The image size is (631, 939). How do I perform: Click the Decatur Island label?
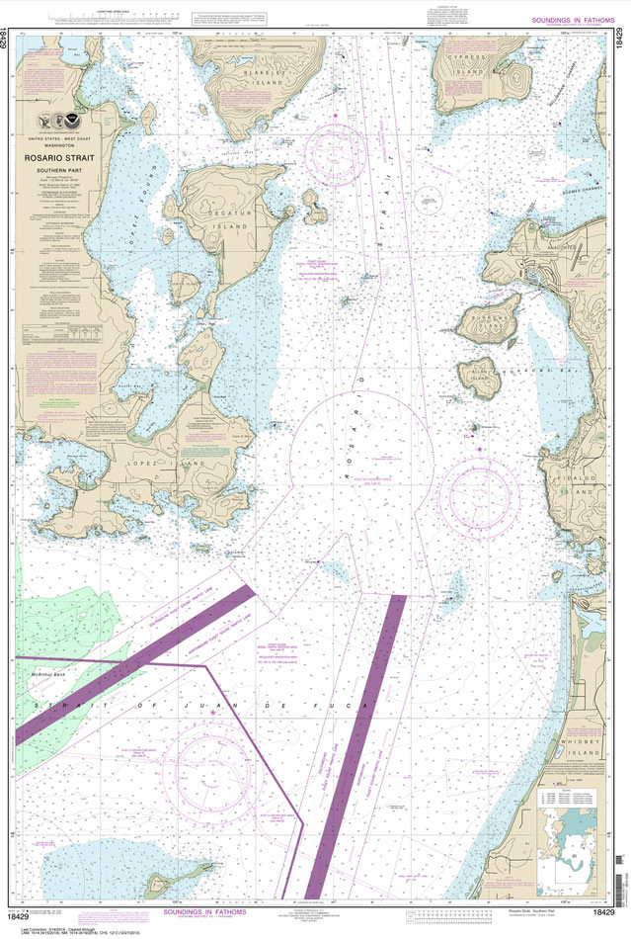point(213,223)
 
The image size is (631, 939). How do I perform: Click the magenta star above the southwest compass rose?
point(212,726)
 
